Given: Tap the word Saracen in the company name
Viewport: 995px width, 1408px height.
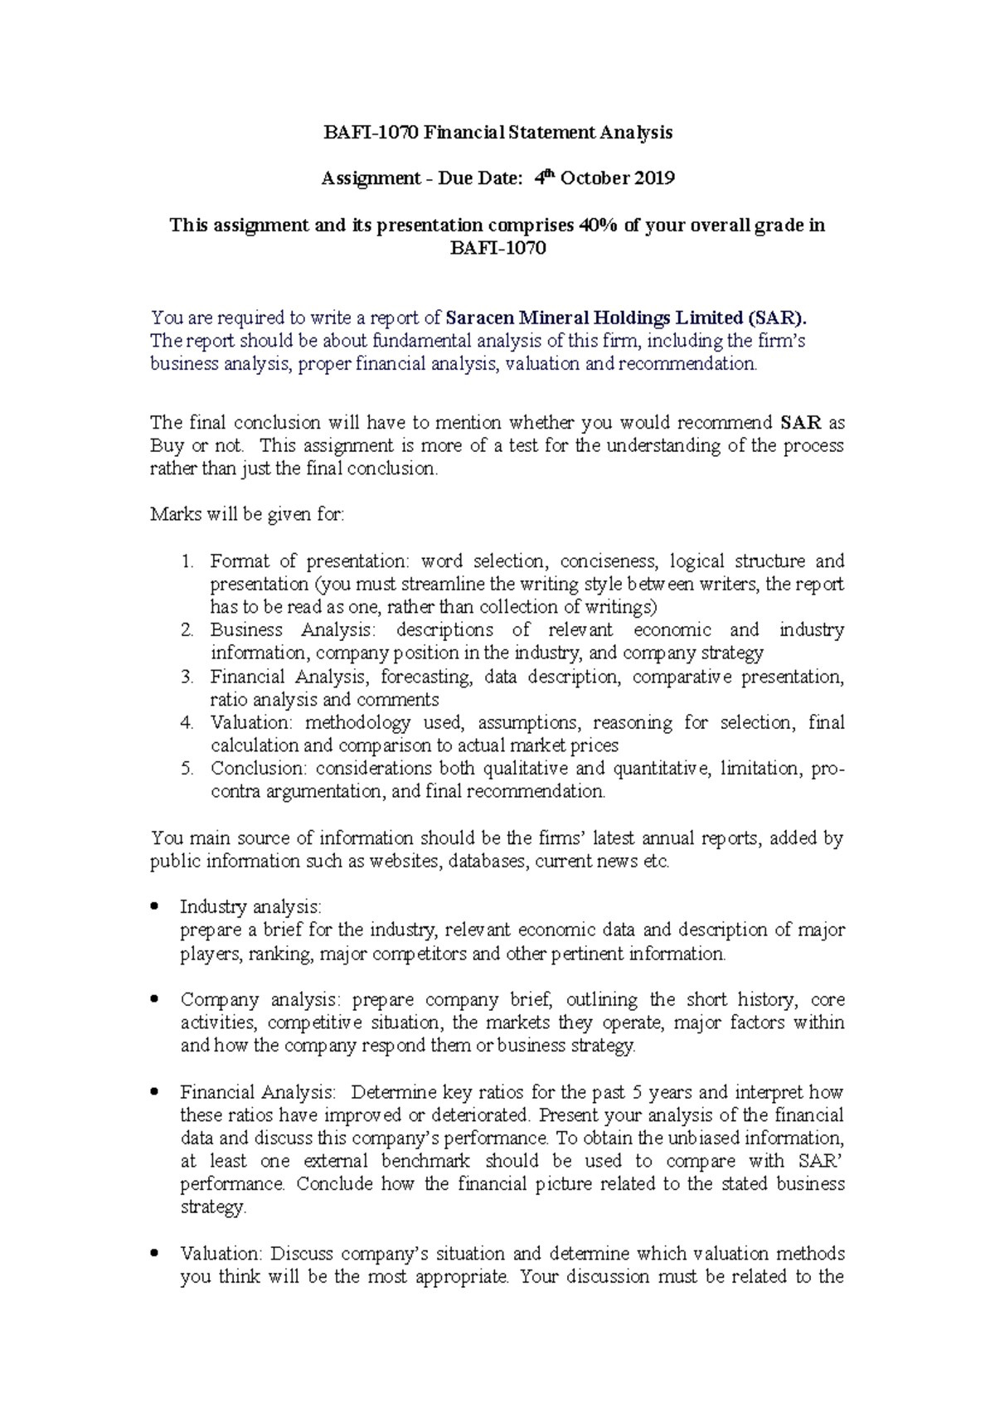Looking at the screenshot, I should [x=480, y=318].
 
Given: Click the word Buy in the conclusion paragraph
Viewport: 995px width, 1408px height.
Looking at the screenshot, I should [x=167, y=446].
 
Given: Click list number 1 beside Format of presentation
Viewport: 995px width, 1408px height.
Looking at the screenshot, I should [x=187, y=561].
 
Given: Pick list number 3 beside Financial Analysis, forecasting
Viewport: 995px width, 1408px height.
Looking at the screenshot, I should [x=187, y=677].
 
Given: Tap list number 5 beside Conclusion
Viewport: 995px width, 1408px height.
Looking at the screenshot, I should [x=187, y=769].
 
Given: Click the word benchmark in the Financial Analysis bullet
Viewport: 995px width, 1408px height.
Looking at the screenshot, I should [x=425, y=1162].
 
